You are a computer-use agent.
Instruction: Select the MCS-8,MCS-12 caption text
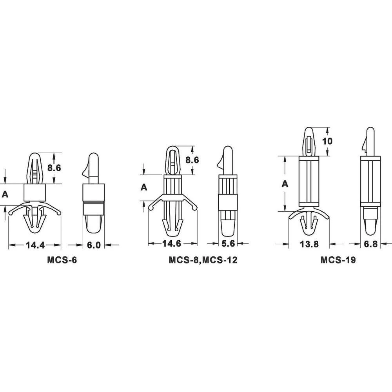tap(203, 260)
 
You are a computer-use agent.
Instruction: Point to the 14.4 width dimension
tap(35, 245)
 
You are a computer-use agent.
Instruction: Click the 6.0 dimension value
tap(94, 245)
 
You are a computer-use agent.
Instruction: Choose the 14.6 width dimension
tap(172, 243)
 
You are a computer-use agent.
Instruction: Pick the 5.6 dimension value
tap(228, 243)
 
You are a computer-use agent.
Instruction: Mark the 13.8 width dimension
tap(309, 244)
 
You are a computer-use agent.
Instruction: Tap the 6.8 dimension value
tap(370, 244)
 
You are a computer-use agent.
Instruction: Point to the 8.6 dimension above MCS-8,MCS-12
tap(192, 160)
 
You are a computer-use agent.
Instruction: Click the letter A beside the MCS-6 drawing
tap(5, 194)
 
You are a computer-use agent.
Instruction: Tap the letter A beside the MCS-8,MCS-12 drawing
tap(144, 188)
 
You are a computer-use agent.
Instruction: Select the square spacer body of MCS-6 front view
tap(34, 192)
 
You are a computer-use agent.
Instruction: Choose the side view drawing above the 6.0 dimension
tap(94, 192)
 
